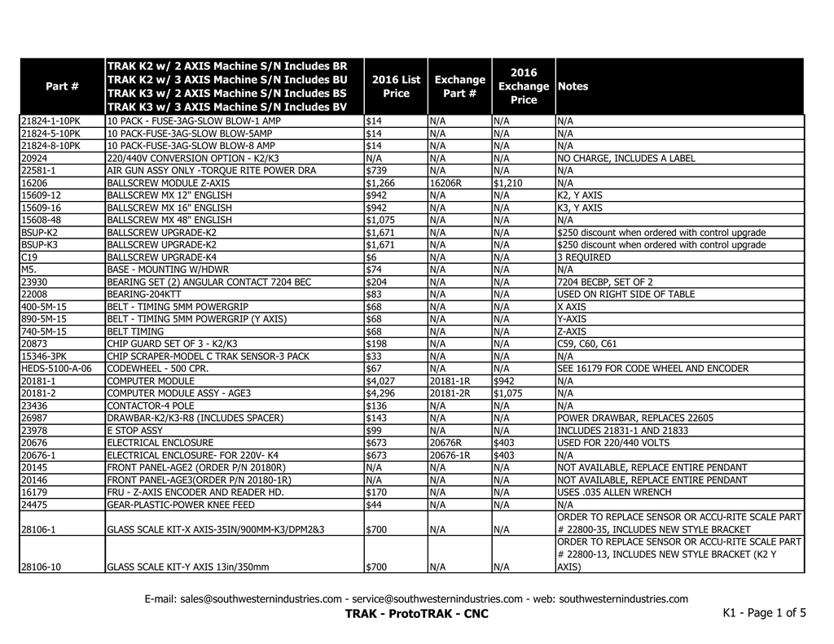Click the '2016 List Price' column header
pyautogui.click(x=396, y=86)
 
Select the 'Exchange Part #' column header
pyautogui.click(x=459, y=86)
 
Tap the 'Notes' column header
pyautogui.click(x=573, y=86)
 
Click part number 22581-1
pyautogui.click(x=41, y=171)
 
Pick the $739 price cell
pyautogui.click(x=375, y=171)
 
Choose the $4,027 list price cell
pyautogui.click(x=380, y=381)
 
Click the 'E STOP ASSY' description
pyautogui.click(x=135, y=431)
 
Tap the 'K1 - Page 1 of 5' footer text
pyautogui.click(x=764, y=613)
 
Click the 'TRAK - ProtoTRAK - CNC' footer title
pyautogui.click(x=417, y=614)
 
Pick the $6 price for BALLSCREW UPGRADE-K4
pyautogui.click(x=370, y=257)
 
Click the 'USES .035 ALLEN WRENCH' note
pyautogui.click(x=614, y=493)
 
